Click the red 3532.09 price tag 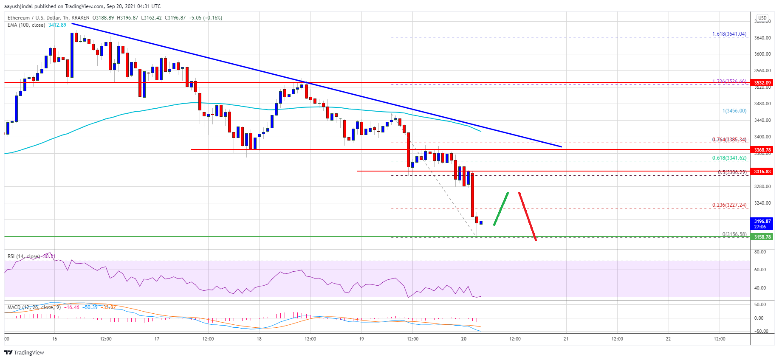(762, 83)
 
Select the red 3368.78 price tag (762, 150)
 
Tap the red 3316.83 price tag (762, 172)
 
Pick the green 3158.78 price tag (762, 237)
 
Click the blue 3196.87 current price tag (762, 224)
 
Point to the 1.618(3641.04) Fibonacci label (729, 34)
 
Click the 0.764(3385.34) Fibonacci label (729, 140)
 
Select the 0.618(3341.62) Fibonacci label (729, 158)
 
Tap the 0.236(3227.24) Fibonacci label (729, 205)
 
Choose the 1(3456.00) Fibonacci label (734, 111)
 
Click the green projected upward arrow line (501, 208)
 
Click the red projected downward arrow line (527, 216)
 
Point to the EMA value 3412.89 (57, 25)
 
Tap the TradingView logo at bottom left (24, 352)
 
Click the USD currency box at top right (762, 18)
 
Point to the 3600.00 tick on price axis (762, 54)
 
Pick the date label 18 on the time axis (259, 339)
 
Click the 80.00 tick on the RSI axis (760, 252)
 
